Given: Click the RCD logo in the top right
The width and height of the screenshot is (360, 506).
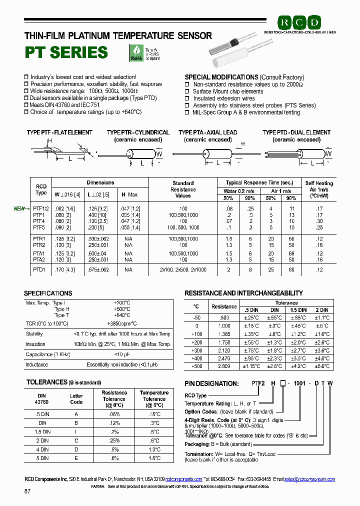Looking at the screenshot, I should [x=299, y=22].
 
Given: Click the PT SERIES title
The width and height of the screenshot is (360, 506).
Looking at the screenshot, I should [x=66, y=52].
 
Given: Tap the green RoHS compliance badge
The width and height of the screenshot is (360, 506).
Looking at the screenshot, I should [x=135, y=52].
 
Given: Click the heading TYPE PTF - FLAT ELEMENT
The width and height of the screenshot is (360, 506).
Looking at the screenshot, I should [x=59, y=132].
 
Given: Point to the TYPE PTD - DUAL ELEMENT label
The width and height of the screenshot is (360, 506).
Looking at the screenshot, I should [x=296, y=132].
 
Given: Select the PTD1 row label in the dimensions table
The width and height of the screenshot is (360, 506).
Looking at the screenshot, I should [x=39, y=270].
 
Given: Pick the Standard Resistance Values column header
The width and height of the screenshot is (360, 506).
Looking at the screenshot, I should [x=183, y=189].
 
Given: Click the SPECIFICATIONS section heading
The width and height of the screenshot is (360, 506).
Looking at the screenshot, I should [x=48, y=293].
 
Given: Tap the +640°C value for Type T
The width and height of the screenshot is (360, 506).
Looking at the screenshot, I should [x=121, y=315].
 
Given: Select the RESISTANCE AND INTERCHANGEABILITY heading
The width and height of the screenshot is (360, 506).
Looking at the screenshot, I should [x=243, y=293].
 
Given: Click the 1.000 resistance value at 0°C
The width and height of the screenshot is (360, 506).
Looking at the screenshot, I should [x=224, y=325].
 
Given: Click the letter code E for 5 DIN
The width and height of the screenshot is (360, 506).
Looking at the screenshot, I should [x=76, y=458].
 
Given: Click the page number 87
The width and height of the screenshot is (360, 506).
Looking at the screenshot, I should [x=27, y=491].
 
